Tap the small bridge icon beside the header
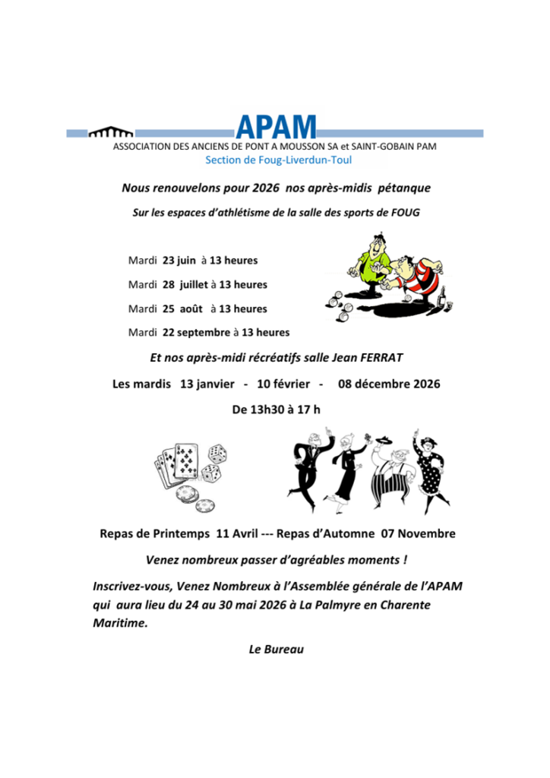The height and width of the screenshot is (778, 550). coord(111,134)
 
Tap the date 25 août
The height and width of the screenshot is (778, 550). coord(182,308)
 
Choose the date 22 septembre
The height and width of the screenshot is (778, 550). coord(196,332)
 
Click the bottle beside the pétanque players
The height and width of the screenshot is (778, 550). coord(442,296)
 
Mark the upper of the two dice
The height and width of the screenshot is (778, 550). coord(218,454)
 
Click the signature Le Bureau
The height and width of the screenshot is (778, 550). coord(276,650)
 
